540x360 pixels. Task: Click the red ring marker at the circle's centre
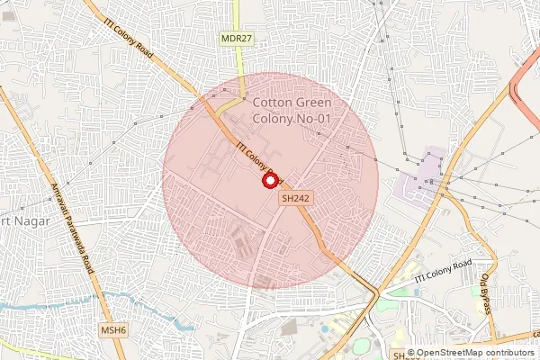[x=269, y=180]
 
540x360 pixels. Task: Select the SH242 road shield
[x=295, y=197]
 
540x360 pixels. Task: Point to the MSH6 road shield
[x=113, y=330]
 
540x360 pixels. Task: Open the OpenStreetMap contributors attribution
[x=475, y=353]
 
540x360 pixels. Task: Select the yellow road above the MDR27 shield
[x=238, y=13]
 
